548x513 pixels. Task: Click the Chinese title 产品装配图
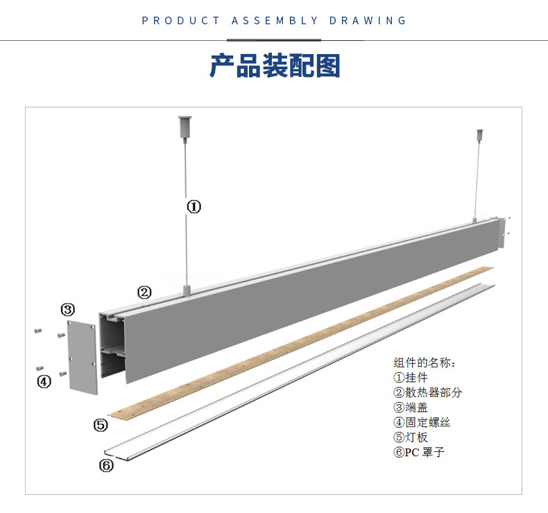click(275, 66)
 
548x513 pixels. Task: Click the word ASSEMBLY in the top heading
click(275, 21)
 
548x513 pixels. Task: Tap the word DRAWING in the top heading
click(368, 21)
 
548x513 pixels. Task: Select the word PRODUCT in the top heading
click(180, 21)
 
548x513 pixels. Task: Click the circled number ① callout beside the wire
click(194, 207)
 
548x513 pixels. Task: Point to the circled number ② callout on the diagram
click(144, 293)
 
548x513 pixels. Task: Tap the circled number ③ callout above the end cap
click(68, 309)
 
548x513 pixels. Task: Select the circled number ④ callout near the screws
click(44, 381)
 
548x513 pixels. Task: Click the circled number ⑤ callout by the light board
click(101, 424)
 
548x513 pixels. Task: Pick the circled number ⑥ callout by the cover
click(106, 465)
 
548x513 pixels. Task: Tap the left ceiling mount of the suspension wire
click(185, 125)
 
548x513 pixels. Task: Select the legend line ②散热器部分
click(427, 392)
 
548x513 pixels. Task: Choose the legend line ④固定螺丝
click(422, 422)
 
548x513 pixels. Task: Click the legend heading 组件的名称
click(425, 363)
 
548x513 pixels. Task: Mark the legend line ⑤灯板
click(411, 437)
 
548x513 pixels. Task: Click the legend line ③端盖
click(411, 408)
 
